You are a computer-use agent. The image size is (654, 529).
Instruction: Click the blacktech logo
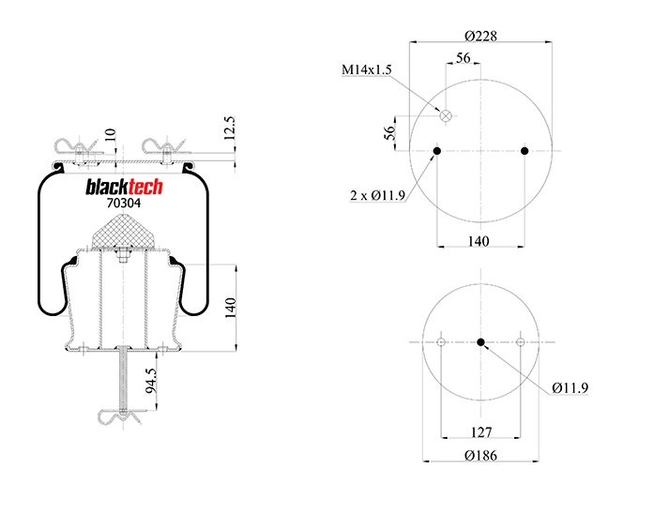click(125, 188)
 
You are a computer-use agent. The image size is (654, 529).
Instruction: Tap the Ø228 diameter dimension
click(480, 36)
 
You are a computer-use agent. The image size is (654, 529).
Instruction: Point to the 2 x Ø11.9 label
click(378, 195)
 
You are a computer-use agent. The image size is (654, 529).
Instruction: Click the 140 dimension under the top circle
click(479, 241)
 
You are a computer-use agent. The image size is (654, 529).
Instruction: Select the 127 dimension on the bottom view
click(479, 432)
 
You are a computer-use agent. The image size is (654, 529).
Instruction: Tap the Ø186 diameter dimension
click(480, 456)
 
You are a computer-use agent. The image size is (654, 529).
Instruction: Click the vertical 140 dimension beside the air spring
click(230, 308)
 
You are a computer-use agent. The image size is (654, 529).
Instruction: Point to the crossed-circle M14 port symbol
click(448, 117)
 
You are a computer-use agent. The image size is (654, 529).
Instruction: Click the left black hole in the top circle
click(437, 152)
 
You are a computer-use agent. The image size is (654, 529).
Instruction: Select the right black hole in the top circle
click(525, 152)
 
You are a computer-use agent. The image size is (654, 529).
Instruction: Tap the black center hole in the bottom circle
click(480, 342)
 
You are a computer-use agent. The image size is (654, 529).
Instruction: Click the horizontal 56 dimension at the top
click(463, 58)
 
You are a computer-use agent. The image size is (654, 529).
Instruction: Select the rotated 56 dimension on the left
click(388, 133)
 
